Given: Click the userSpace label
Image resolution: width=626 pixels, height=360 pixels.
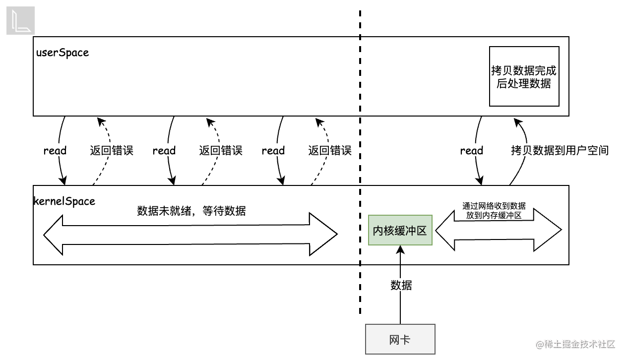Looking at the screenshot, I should click(x=63, y=53).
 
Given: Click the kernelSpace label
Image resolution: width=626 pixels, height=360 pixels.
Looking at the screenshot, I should click(x=64, y=201).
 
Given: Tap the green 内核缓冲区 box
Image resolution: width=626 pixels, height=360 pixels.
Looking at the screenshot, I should click(x=400, y=231).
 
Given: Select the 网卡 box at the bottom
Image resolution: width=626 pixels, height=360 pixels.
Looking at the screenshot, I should click(x=400, y=340).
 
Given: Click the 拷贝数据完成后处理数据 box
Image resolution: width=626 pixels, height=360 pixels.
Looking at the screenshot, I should click(x=524, y=77).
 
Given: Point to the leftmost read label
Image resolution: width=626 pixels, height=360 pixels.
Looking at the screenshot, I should click(x=55, y=151).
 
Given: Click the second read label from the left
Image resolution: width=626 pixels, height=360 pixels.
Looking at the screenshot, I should click(x=164, y=151).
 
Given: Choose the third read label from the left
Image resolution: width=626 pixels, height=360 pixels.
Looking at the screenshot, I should click(x=273, y=151).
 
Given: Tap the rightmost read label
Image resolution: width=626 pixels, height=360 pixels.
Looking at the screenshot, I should click(x=472, y=151).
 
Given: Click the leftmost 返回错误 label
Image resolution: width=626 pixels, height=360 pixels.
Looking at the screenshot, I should click(x=112, y=151).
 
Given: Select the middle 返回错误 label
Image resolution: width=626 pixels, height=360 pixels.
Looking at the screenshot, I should click(x=221, y=151).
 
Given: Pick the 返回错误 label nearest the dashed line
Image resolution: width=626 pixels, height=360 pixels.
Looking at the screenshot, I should click(x=330, y=151).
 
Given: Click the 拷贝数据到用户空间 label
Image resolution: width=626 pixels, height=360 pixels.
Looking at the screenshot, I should click(x=560, y=151).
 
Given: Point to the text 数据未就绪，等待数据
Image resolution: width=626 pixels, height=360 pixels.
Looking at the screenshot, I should click(x=191, y=211).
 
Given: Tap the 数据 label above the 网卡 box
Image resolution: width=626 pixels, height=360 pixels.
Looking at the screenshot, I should click(x=401, y=286).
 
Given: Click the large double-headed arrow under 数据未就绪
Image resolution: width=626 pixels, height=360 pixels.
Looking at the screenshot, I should click(x=190, y=235).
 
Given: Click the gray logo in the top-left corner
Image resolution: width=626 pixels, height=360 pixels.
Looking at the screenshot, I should click(x=20, y=21).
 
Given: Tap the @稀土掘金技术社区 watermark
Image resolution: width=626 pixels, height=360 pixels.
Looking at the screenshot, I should click(x=575, y=344).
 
